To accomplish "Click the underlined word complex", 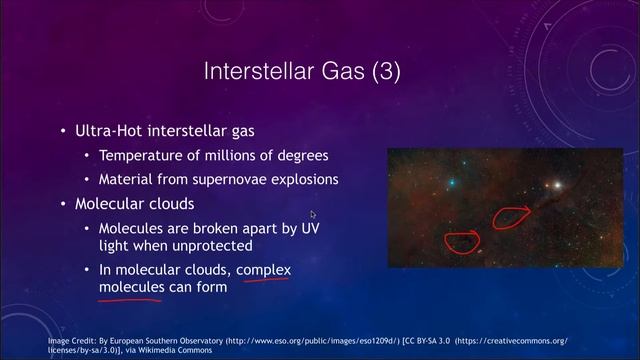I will click(x=263, y=270).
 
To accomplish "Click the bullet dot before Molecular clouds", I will click(x=64, y=204).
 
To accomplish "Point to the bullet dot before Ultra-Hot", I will click(x=64, y=131).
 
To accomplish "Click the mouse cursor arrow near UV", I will click(x=313, y=214).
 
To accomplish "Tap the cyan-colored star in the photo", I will click(x=453, y=182).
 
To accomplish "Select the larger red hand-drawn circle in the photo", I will click(x=512, y=217).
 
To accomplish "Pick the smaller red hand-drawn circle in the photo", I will click(x=462, y=239).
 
